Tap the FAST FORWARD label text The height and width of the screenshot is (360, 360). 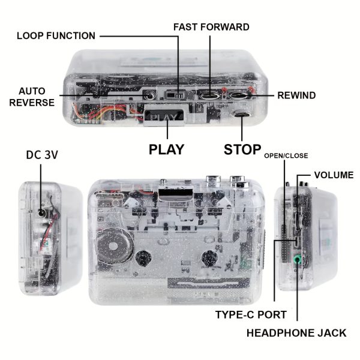pyautogui.click(x=211, y=28)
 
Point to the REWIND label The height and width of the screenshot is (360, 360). pyautogui.click(x=296, y=95)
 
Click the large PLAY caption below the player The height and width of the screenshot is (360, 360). pyautogui.click(x=166, y=149)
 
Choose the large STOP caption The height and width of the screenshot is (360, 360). pyautogui.click(x=242, y=149)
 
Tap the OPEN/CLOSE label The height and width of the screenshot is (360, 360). pyautogui.click(x=286, y=155)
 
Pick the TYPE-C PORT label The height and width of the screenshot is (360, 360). pyautogui.click(x=250, y=314)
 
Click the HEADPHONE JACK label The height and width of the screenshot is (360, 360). pyautogui.click(x=296, y=332)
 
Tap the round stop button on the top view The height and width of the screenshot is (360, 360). pyautogui.click(x=242, y=114)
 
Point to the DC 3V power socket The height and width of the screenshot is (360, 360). pyautogui.click(x=41, y=212)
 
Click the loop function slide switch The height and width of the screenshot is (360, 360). pyautogui.click(x=174, y=94)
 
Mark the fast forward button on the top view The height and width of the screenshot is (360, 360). pyautogui.click(x=210, y=94)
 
